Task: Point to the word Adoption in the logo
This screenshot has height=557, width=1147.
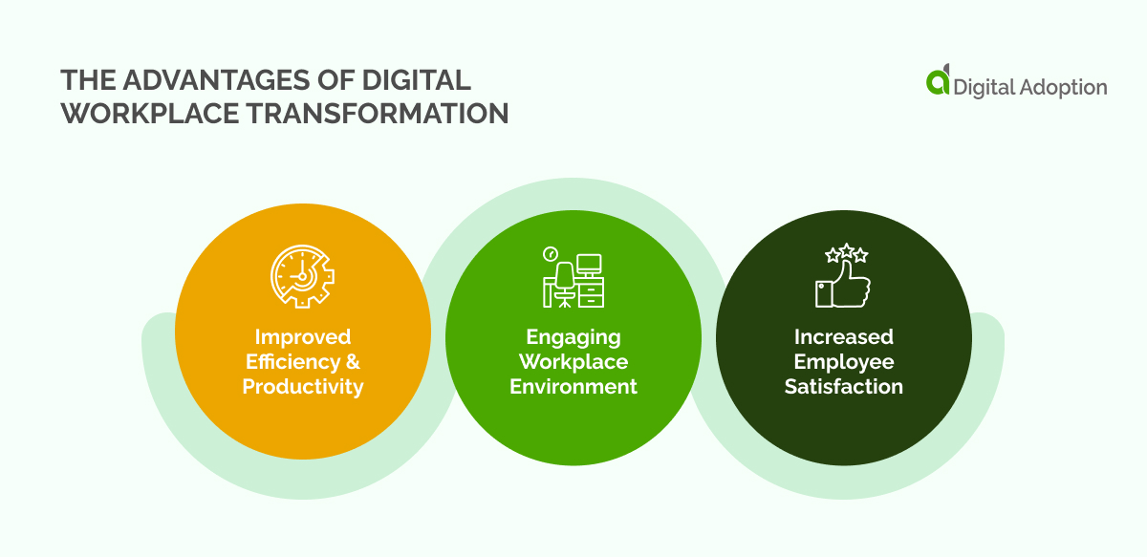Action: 1061,87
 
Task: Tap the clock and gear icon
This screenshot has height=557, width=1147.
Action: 302,276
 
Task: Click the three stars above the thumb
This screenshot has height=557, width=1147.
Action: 846,255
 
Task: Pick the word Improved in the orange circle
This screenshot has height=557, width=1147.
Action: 302,336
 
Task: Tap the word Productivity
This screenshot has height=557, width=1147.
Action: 302,386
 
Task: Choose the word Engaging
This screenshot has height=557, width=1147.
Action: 573,337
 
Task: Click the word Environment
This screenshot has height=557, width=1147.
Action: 573,386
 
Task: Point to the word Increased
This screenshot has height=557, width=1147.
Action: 844,336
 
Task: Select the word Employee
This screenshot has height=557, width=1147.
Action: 844,361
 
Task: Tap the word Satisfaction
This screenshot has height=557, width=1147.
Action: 844,386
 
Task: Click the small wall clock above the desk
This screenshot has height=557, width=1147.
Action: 550,253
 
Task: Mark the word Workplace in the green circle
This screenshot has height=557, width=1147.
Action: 573,361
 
